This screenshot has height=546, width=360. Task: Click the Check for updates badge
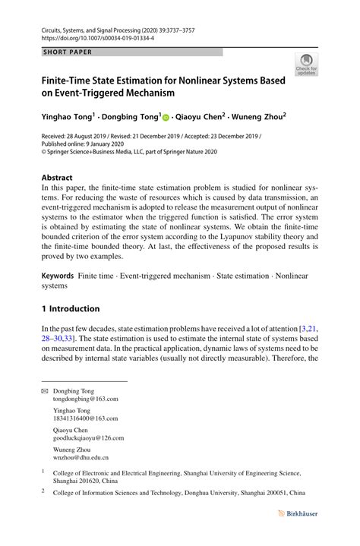click(x=307, y=65)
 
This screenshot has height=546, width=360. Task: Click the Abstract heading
click(x=58, y=177)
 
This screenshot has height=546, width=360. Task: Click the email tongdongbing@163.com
click(x=85, y=399)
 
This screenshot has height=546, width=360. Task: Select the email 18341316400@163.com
click(x=85, y=418)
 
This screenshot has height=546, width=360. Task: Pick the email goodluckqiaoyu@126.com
click(x=88, y=438)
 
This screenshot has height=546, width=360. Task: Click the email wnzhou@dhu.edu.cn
click(x=81, y=458)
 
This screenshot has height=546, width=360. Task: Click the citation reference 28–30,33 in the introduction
click(x=69, y=338)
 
